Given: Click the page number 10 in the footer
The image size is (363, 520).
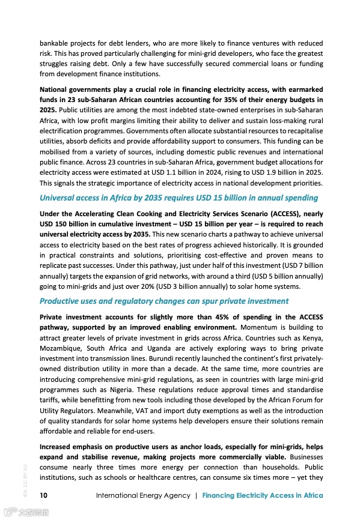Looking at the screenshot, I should (x=44, y=495).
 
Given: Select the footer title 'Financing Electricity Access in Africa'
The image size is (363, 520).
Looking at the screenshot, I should (x=263, y=495).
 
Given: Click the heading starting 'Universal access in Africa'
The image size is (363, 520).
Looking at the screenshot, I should (x=178, y=198).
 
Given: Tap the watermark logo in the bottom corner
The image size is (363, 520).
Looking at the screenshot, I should (x=25, y=513).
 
